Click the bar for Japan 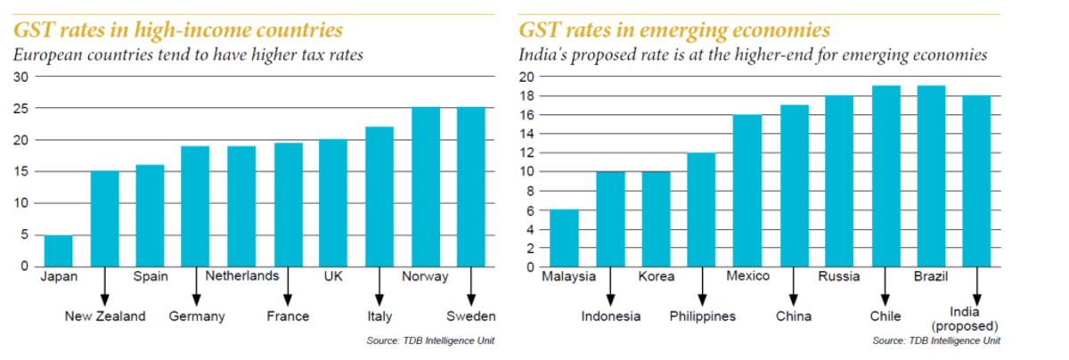[x=59, y=250]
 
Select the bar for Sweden [x=471, y=187]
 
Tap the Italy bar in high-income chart [x=379, y=196]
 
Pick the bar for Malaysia [x=565, y=238]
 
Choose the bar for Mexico [x=747, y=191]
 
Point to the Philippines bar [x=702, y=209]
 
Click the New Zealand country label [x=105, y=316]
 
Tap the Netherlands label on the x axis [x=242, y=276]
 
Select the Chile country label [x=885, y=316]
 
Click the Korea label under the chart [x=657, y=276]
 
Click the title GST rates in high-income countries [x=178, y=30]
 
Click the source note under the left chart [x=430, y=341]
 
